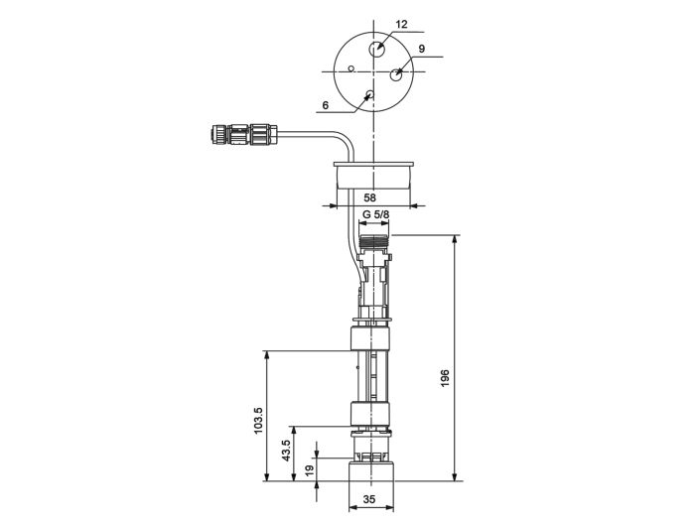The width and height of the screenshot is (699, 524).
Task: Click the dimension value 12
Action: click(401, 23)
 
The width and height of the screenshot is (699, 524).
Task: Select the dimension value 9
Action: click(421, 49)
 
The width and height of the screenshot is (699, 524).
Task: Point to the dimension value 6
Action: click(326, 104)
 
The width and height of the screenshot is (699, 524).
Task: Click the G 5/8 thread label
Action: click(375, 215)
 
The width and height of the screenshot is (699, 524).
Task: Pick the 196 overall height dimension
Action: click(446, 379)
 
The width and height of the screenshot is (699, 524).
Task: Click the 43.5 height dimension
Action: click(286, 452)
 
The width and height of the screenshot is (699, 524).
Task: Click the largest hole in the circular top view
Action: click(377, 50)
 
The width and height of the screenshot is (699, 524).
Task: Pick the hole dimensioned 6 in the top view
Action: click(368, 96)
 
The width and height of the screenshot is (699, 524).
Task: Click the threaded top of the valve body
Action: click(375, 240)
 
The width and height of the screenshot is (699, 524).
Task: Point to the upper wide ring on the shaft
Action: click(372, 340)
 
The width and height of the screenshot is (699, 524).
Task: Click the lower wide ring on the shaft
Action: click(372, 414)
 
